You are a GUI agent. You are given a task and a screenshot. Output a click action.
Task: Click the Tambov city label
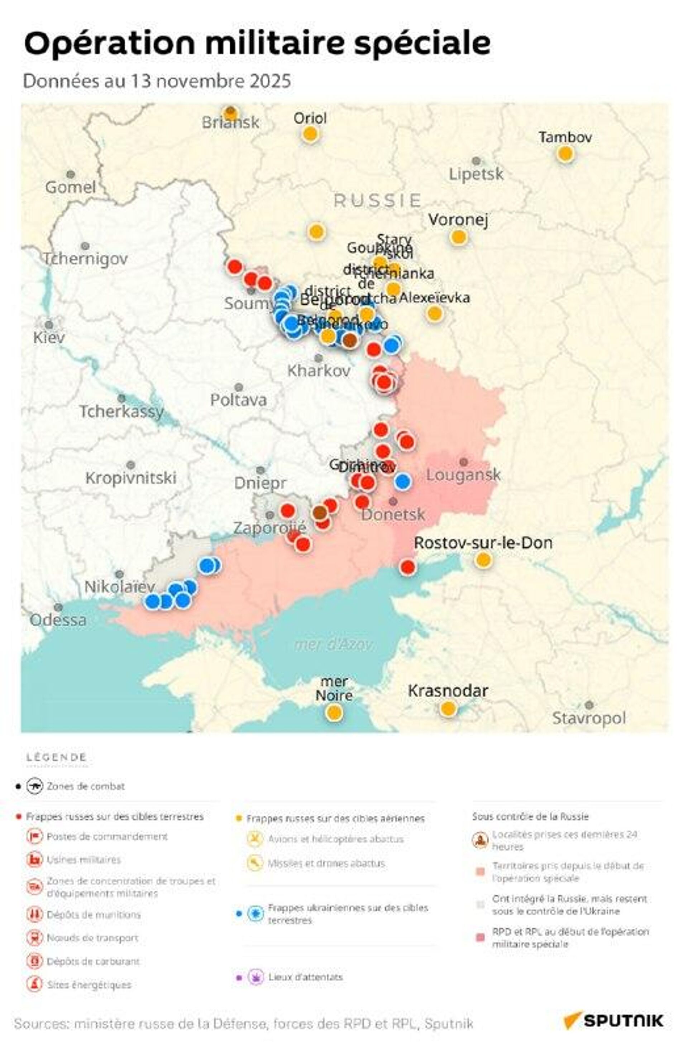tap(565, 137)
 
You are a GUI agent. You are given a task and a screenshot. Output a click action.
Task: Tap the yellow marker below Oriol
tap(310, 134)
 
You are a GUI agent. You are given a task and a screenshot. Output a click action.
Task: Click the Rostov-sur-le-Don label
tap(483, 543)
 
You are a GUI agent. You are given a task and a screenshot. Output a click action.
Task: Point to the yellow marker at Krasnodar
tap(448, 709)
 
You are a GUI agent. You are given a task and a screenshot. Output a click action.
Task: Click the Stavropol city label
tap(588, 718)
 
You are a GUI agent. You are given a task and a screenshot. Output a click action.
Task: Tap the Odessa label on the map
tap(58, 620)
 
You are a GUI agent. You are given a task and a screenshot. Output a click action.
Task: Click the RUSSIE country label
tap(377, 201)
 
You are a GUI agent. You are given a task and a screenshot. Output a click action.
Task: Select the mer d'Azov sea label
tap(334, 645)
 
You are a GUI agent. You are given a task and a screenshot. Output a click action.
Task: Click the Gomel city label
tap(70, 187)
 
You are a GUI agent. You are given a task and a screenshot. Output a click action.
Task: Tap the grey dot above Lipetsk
tap(476, 161)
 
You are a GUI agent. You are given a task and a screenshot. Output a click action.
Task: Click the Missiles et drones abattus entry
tap(326, 863)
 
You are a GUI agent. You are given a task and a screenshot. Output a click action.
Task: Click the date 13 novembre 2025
tap(210, 81)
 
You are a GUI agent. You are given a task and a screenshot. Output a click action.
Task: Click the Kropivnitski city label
tap(130, 478)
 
